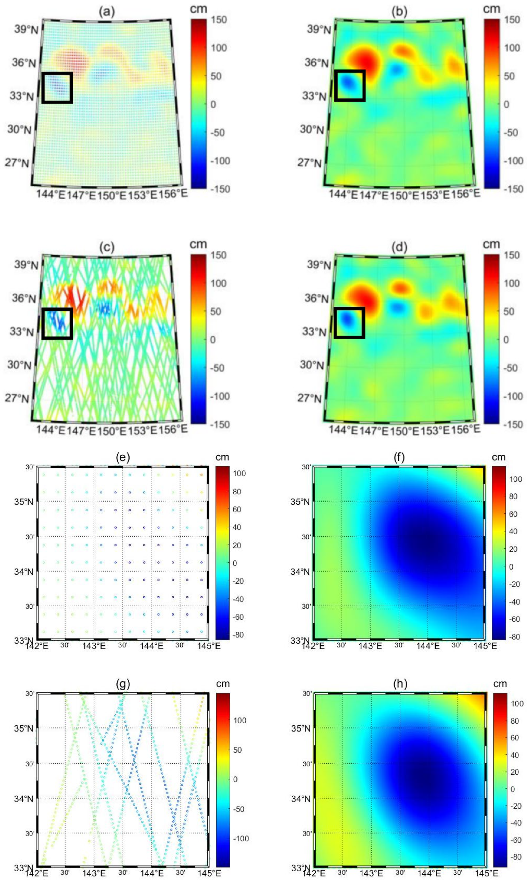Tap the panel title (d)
(399, 247)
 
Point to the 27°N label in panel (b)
(309, 163)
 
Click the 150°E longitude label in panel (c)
(112, 431)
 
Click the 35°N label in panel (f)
(300, 501)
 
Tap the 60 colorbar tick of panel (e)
(236, 509)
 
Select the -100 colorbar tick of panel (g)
(240, 838)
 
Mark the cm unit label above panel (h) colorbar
(500, 684)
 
